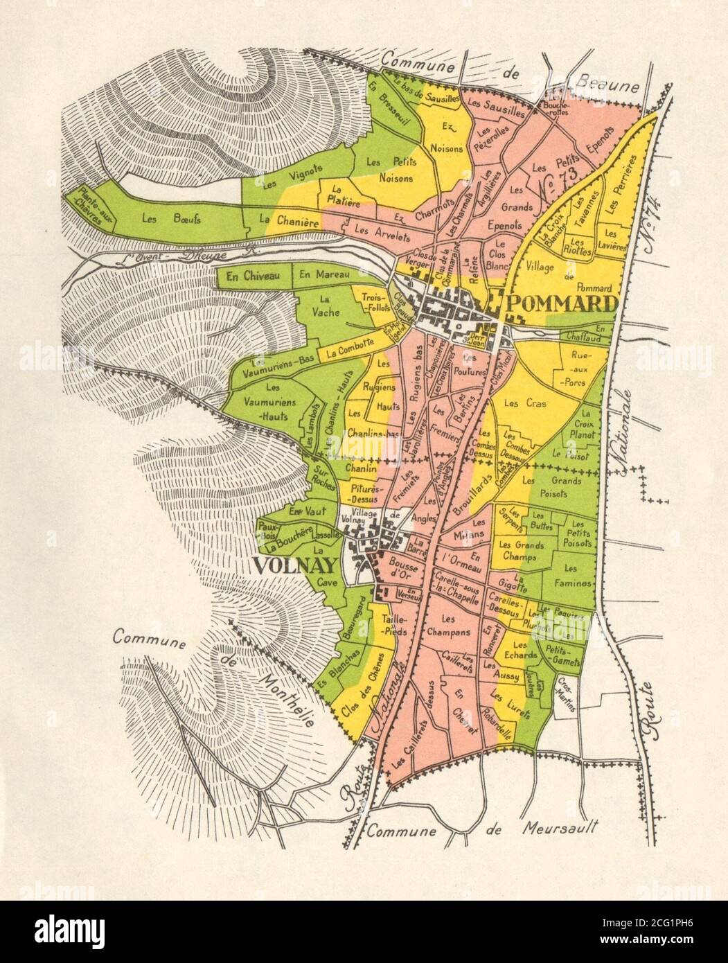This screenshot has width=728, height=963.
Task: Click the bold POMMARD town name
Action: coord(562,303)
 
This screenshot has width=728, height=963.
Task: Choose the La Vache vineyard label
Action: coord(326,306)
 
